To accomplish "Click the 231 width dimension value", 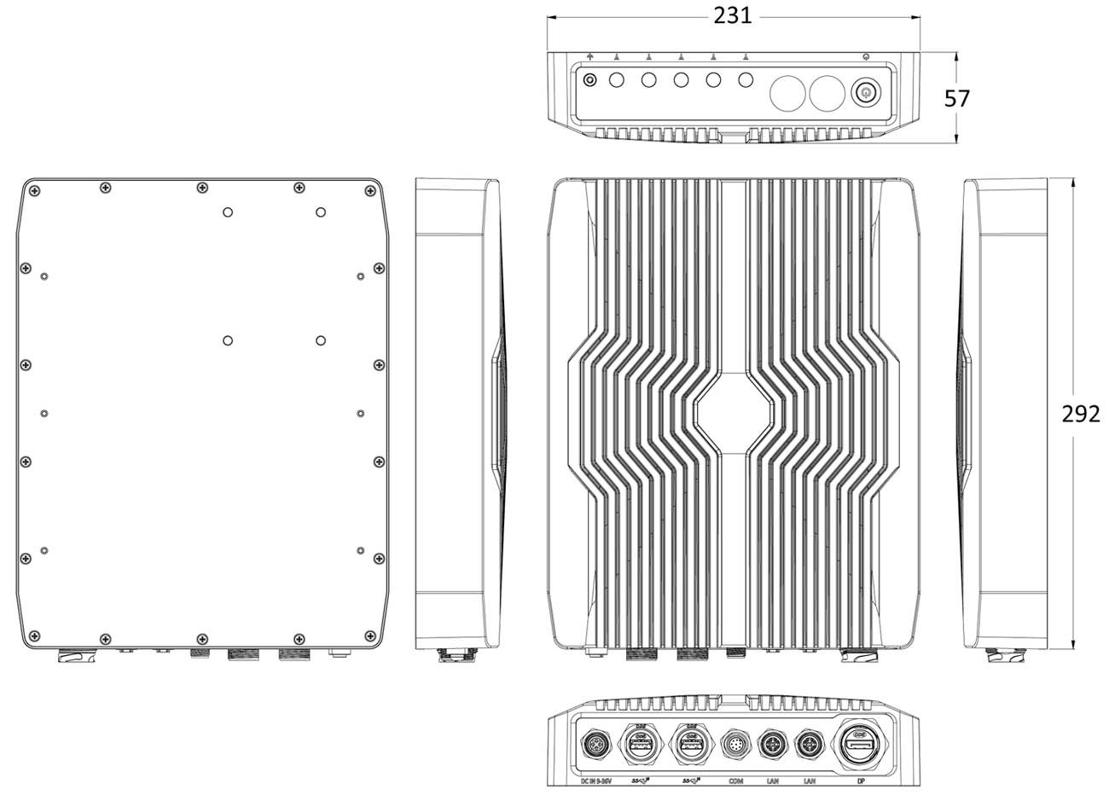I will click(x=734, y=15).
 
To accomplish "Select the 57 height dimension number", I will click(x=957, y=99).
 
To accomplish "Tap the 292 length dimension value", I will click(x=1080, y=414).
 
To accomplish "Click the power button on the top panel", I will click(x=865, y=92).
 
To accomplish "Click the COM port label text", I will click(x=735, y=780).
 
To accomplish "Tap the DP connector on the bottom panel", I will click(x=857, y=743).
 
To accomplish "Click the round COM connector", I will click(x=735, y=744).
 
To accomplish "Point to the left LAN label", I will click(x=772, y=780).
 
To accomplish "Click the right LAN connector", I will click(x=808, y=744).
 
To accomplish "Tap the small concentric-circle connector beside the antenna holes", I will click(x=589, y=81).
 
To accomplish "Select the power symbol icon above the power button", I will click(x=866, y=57).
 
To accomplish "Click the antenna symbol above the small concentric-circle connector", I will click(x=589, y=57).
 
